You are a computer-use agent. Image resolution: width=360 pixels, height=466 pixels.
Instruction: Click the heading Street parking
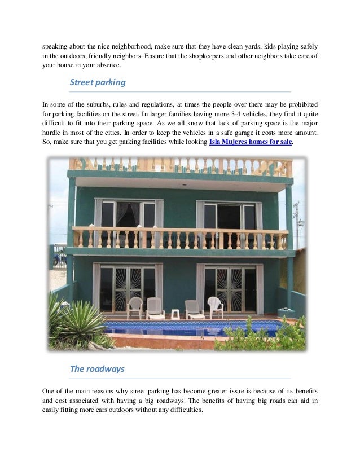point(97,83)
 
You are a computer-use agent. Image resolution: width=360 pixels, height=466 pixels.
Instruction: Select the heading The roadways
point(96,369)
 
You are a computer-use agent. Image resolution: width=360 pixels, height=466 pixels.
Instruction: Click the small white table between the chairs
point(175,314)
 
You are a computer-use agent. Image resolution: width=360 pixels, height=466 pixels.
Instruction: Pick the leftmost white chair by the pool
point(134,307)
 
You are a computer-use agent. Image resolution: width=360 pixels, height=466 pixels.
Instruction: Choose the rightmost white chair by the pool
point(216,307)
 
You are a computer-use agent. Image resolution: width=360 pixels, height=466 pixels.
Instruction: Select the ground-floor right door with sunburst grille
point(230,289)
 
